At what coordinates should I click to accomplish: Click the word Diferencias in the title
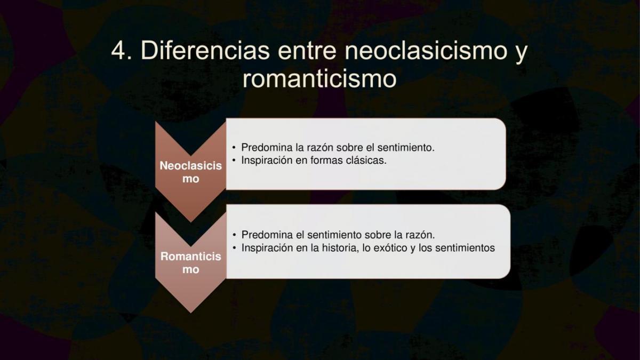point(205,50)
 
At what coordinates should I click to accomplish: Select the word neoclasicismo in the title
point(426,50)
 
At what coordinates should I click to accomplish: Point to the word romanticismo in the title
point(319,78)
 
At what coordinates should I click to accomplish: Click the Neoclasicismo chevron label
point(190,172)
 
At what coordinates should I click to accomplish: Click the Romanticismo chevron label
point(190,263)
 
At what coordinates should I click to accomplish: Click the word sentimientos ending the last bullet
point(465,247)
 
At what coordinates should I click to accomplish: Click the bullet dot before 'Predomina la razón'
point(234,148)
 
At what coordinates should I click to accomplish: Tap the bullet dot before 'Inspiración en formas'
point(234,161)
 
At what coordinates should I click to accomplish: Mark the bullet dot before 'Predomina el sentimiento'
point(234,235)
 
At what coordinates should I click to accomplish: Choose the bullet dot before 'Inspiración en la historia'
point(234,248)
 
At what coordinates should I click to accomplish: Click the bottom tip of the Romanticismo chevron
point(190,313)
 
